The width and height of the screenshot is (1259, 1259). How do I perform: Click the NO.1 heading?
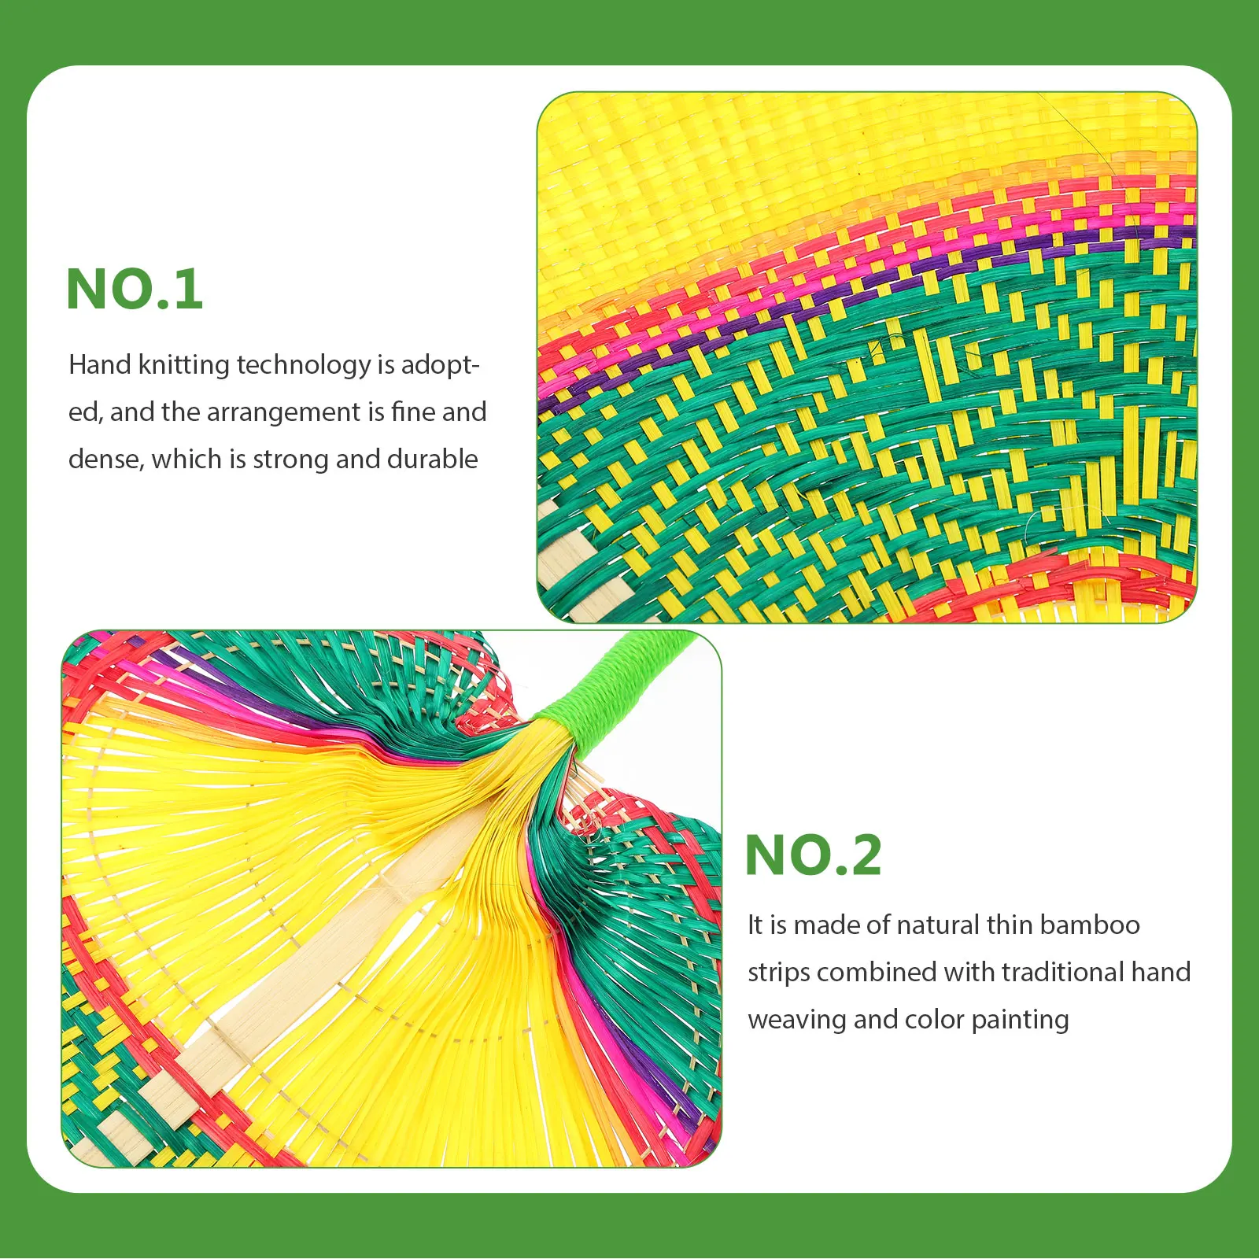pos(135,289)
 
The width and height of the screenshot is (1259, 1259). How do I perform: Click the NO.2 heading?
pos(813,855)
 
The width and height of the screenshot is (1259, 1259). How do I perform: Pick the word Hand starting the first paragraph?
pos(100,365)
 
